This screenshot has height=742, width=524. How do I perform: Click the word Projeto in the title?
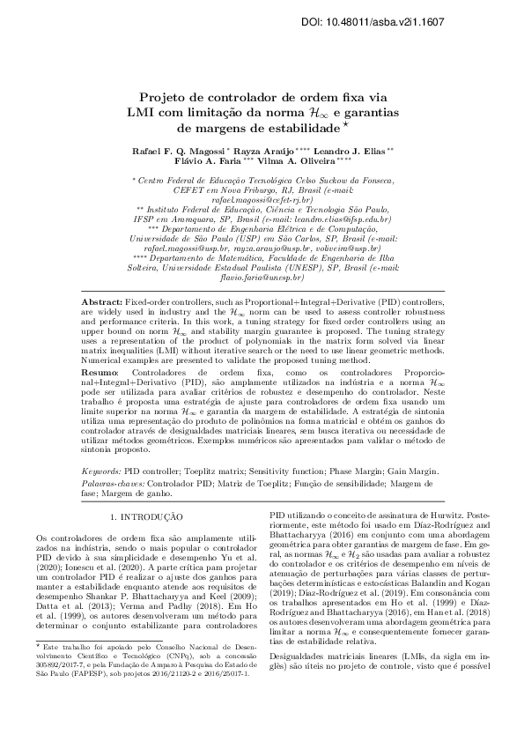point(167,99)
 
